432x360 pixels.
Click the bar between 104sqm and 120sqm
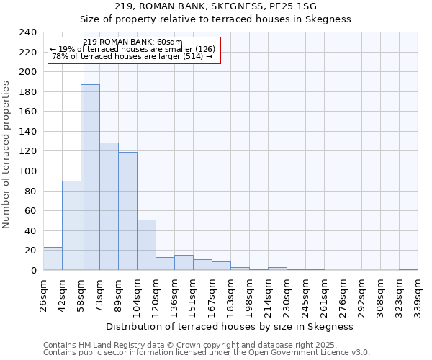coord(146,245)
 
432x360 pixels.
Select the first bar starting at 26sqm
coord(53,258)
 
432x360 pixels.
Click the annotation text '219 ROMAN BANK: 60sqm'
coord(132,41)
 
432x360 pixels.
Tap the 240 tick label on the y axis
coord(28,32)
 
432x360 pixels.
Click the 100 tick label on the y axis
coord(28,171)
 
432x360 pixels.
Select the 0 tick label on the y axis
coord(33,270)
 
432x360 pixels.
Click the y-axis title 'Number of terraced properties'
coord(7,154)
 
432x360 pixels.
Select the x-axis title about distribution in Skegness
coord(234,326)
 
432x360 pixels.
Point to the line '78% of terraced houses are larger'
coord(132,56)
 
